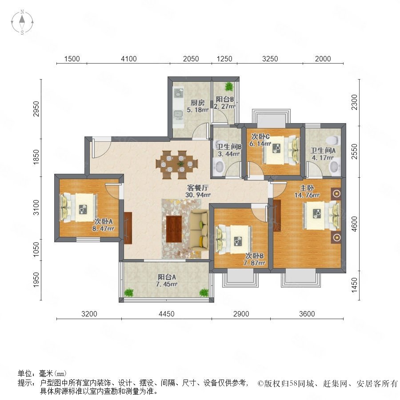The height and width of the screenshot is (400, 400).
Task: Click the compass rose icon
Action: click(x=22, y=22)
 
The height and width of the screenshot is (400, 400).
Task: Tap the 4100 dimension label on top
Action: click(x=128, y=59)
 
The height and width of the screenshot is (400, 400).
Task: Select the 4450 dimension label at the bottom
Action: click(x=167, y=314)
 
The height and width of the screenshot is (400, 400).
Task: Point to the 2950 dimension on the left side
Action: click(x=36, y=109)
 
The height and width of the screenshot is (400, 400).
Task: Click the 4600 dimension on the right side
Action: click(x=354, y=224)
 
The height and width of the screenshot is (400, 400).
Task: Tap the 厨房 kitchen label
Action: click(x=198, y=103)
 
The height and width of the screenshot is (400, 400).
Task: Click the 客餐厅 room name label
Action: click(x=198, y=188)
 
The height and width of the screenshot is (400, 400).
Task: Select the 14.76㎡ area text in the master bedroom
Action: click(x=307, y=195)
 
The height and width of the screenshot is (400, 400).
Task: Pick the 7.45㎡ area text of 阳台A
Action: click(x=167, y=284)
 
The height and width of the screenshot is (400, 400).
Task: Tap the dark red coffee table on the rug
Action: click(x=174, y=229)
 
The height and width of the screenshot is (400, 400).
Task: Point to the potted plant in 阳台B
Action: click(x=229, y=87)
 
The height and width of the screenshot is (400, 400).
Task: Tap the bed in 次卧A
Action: click(x=79, y=207)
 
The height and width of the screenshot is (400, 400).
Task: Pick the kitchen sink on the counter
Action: click(x=178, y=113)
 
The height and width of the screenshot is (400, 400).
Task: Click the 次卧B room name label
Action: click(x=255, y=256)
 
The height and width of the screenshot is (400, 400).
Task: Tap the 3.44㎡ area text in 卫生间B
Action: click(x=228, y=154)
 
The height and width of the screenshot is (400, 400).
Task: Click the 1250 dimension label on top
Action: click(x=224, y=59)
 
